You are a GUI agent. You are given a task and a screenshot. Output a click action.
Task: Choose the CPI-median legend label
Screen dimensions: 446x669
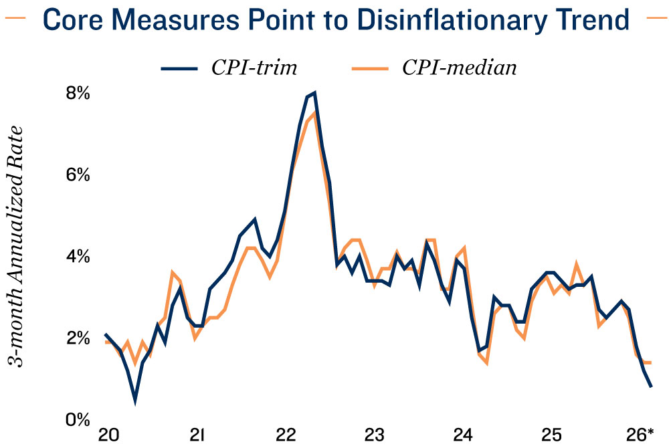(459, 68)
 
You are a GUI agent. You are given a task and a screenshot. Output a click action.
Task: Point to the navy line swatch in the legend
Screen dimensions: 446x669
(179, 68)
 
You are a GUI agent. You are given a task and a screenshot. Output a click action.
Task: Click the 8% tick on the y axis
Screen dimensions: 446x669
(77, 94)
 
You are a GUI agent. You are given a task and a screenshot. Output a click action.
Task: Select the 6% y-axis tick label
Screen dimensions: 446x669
(77, 175)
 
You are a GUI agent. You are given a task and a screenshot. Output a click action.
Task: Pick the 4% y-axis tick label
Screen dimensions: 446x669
(77, 257)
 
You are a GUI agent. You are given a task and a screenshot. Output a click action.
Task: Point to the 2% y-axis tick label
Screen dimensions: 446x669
(77, 338)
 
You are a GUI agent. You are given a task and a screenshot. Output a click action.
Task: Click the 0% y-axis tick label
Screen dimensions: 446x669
(77, 420)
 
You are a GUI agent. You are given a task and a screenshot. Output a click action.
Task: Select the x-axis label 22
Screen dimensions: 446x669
(286, 435)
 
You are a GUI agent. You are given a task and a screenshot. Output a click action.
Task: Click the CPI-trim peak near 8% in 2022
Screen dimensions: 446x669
(314, 94)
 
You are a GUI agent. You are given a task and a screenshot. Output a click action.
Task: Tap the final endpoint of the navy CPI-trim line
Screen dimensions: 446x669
(651, 386)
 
